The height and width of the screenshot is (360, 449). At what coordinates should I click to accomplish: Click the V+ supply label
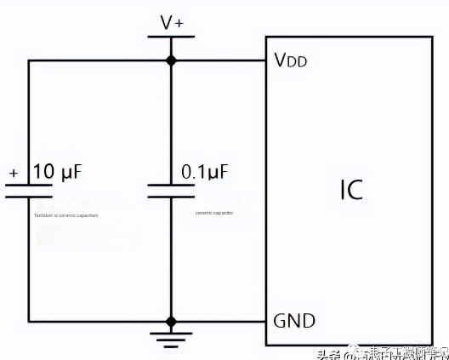pos(171,23)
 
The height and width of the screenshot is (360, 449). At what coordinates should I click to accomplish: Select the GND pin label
pos(293,321)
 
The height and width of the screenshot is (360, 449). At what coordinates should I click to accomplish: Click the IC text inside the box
pos(345,188)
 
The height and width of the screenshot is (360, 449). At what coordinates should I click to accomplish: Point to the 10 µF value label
pos(57,172)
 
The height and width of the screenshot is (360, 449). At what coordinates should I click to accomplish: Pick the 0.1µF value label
pos(205,172)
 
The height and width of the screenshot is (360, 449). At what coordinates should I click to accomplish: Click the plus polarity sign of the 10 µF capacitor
pos(14,174)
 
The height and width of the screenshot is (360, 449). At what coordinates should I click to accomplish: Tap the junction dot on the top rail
pos(171,60)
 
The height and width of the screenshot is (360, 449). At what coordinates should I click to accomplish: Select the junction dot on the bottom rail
pos(171,322)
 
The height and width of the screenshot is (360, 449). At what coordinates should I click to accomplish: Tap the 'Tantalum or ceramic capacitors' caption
pos(65,216)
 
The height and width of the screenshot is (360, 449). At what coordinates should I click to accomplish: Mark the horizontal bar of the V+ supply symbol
pos(171,37)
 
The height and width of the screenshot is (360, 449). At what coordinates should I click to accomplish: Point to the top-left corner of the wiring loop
pos(29,60)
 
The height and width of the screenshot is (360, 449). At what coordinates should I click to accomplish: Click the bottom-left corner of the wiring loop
pos(29,322)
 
